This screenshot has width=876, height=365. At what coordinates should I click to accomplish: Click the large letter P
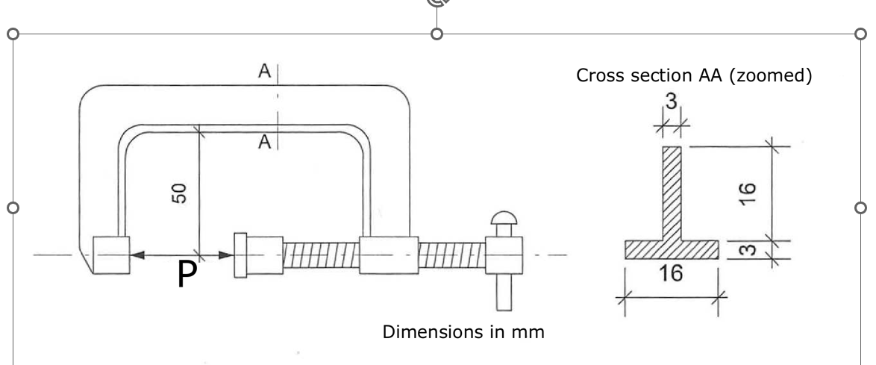pyautogui.click(x=188, y=276)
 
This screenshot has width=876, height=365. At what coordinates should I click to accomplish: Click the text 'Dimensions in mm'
pyautogui.click(x=463, y=331)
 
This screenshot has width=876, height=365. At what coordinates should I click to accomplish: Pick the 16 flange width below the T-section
pyautogui.click(x=672, y=274)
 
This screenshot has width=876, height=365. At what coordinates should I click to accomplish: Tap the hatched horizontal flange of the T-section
pyautogui.click(x=672, y=249)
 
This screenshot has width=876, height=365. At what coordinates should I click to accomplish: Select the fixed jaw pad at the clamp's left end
pyautogui.click(x=110, y=255)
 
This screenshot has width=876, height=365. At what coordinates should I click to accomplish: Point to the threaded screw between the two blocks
pyautogui.click(x=321, y=255)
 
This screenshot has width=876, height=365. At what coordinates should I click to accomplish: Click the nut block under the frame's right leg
pyautogui.click(x=388, y=255)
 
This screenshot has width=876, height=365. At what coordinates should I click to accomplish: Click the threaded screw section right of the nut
pyautogui.click(x=451, y=255)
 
